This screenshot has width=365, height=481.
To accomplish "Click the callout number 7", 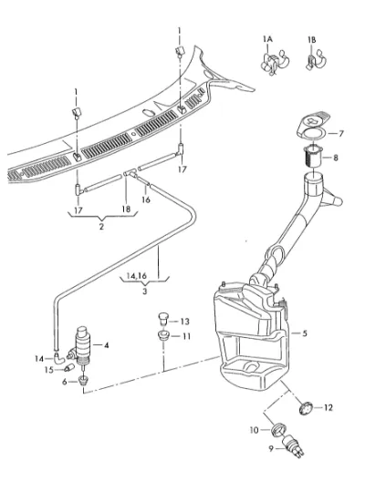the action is (340, 134).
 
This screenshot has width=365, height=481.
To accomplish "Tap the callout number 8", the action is (335, 158).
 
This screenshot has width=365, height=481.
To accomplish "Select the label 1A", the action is (267, 39).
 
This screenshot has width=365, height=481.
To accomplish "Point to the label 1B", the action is (311, 40).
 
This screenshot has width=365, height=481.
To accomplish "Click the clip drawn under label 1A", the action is (275, 63).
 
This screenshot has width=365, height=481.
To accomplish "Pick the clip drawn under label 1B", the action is (316, 59).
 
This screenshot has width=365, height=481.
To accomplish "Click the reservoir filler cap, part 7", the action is (313, 125).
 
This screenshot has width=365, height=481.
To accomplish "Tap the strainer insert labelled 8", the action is (313, 157).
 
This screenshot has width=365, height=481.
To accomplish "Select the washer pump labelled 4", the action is (80, 346).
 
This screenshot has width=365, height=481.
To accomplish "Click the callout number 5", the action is (305, 333).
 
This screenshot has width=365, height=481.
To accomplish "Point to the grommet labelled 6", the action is (83, 381).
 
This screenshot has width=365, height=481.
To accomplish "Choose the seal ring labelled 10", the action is (279, 428).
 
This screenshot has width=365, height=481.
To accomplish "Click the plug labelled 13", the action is (163, 319).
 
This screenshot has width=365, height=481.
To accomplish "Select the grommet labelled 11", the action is (163, 335).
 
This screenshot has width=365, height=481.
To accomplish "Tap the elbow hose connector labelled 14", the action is (58, 358).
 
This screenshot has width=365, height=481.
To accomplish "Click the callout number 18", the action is (126, 210).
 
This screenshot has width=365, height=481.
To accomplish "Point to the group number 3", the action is (145, 291).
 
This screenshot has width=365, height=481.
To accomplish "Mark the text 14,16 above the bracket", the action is (136, 276).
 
